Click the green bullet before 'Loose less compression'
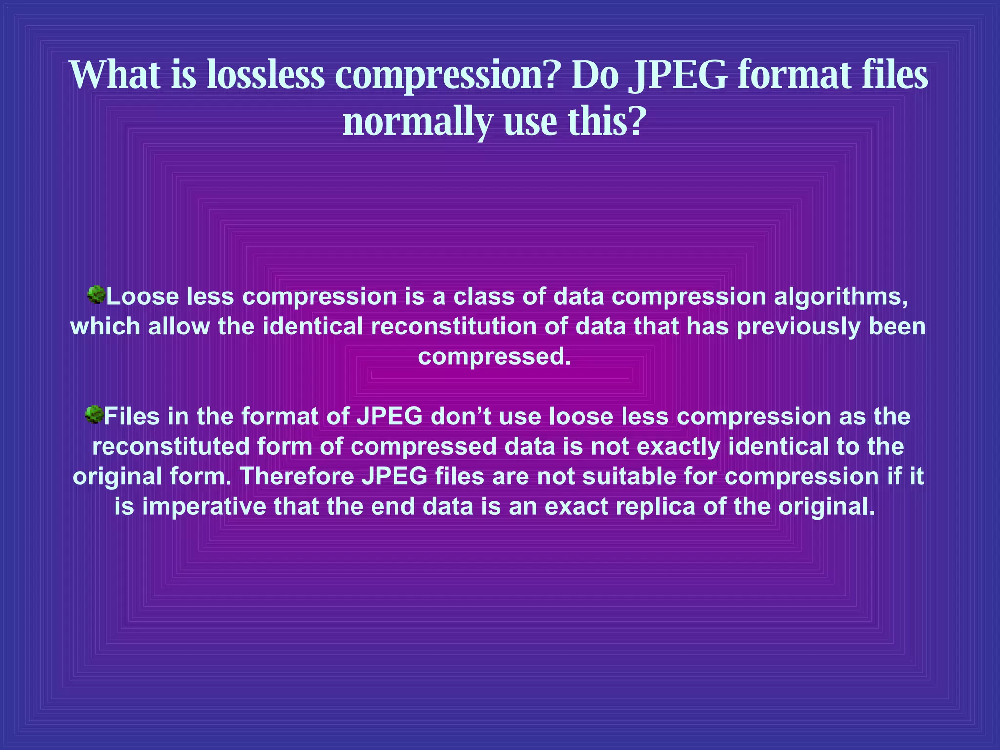click(x=97, y=295)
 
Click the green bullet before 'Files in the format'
click(x=94, y=415)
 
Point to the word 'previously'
click(x=798, y=327)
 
